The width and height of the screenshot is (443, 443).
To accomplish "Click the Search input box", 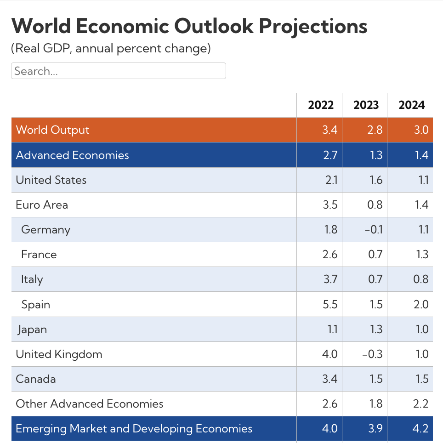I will pyautogui.click(x=118, y=71).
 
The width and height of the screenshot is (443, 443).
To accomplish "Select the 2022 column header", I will pyautogui.click(x=321, y=105).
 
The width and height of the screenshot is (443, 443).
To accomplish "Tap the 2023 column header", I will pyautogui.click(x=366, y=105).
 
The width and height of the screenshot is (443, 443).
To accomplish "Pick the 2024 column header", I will pyautogui.click(x=411, y=105).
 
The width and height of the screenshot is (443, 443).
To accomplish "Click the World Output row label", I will pyautogui.click(x=52, y=130).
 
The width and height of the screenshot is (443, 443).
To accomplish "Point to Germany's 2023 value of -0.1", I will pyautogui.click(x=374, y=229).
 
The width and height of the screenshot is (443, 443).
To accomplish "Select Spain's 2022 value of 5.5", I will pyautogui.click(x=330, y=304).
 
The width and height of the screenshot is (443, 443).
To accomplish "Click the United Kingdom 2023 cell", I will pyautogui.click(x=374, y=354).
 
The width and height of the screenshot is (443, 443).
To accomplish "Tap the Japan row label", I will pyautogui.click(x=32, y=329).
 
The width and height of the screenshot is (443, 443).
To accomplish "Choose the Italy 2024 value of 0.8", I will pyautogui.click(x=420, y=279).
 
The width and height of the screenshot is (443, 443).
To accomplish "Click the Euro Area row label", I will pyautogui.click(x=42, y=204).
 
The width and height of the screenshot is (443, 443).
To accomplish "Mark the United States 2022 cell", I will pyautogui.click(x=330, y=180).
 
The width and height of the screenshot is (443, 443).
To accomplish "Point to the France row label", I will pyautogui.click(x=39, y=255).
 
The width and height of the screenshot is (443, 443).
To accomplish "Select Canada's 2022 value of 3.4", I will pyautogui.click(x=330, y=379).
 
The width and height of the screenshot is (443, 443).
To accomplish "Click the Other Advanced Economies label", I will pyautogui.click(x=90, y=404).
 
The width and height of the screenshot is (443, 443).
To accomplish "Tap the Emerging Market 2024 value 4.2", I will pyautogui.click(x=420, y=429).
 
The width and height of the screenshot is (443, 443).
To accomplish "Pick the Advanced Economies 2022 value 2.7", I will pyautogui.click(x=330, y=155).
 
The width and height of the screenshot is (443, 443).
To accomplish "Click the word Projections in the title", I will pyautogui.click(x=312, y=26).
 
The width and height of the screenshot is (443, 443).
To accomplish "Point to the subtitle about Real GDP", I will pyautogui.click(x=111, y=48).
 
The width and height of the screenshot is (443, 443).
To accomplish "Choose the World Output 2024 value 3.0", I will pyautogui.click(x=420, y=130).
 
